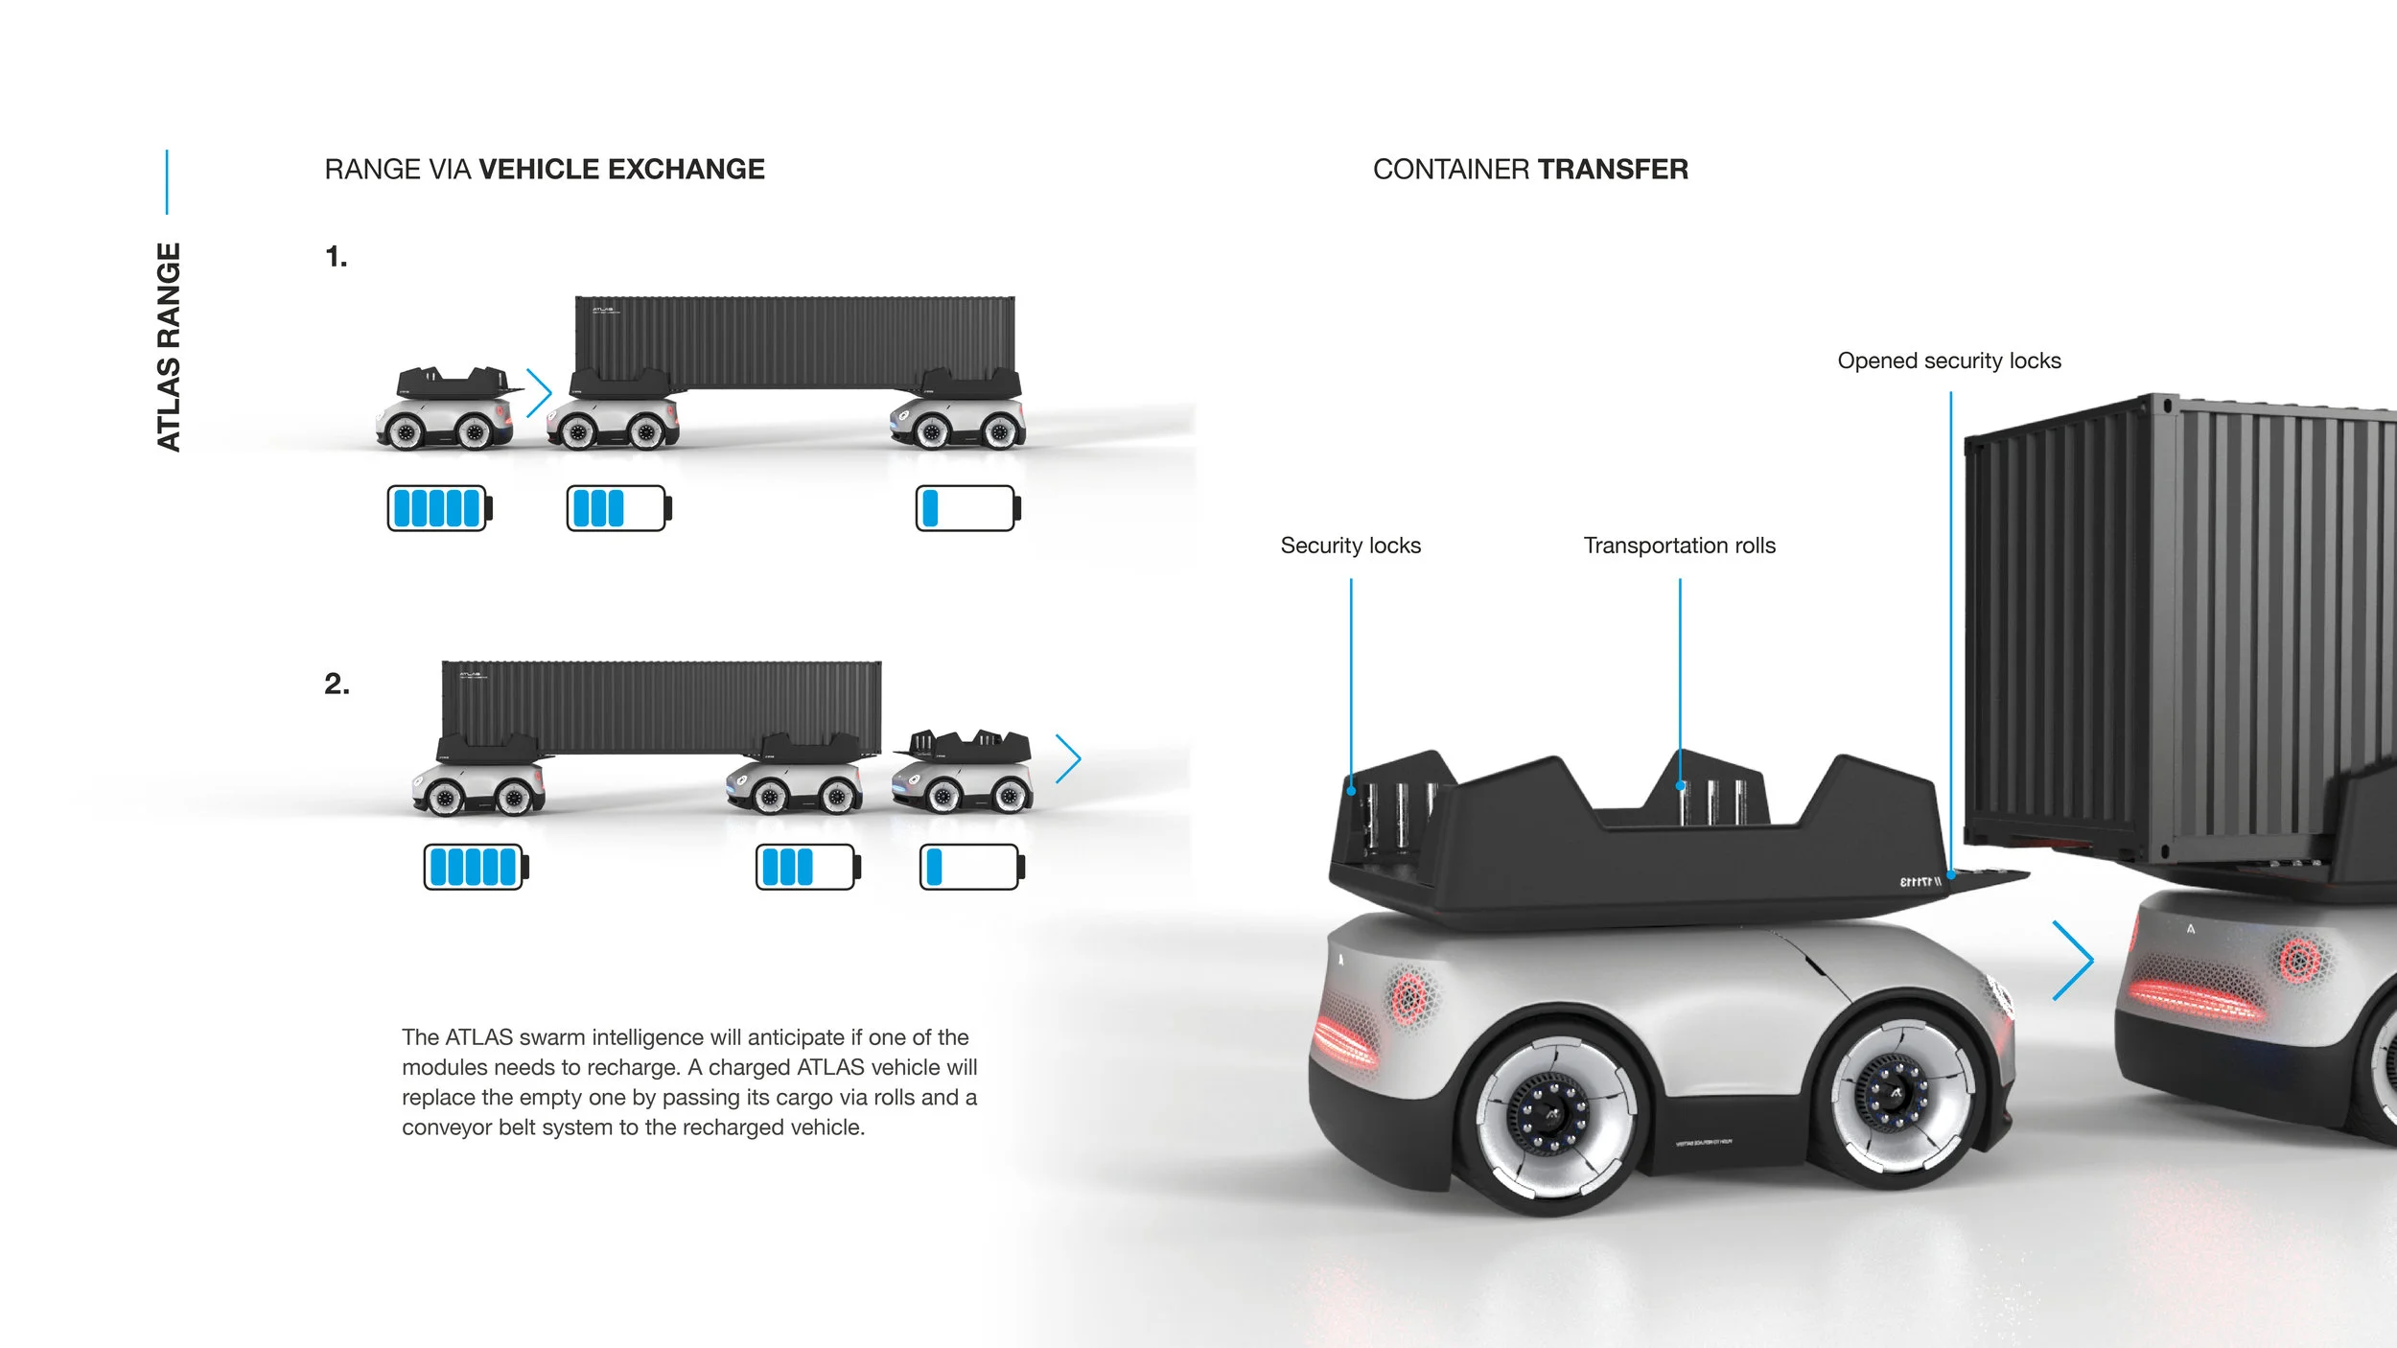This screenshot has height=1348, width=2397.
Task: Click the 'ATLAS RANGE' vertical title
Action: tap(169, 347)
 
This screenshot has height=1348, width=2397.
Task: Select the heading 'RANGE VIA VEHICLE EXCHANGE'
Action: tap(545, 170)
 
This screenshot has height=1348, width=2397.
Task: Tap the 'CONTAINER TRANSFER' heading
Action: tap(1530, 170)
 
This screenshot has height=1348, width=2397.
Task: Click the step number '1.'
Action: tap(337, 257)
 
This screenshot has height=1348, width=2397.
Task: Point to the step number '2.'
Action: tap(337, 684)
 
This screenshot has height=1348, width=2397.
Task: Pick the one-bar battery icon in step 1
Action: tap(967, 508)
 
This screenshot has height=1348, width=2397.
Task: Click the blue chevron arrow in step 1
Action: tap(540, 392)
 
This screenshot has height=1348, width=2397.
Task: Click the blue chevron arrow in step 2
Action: tap(1068, 759)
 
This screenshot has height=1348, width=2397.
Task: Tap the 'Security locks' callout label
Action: tap(1350, 546)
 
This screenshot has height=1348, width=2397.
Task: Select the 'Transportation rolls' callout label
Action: tap(1679, 546)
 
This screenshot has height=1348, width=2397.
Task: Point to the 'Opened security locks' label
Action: tap(1948, 360)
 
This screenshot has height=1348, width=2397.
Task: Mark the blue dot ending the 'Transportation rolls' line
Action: tap(1680, 786)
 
